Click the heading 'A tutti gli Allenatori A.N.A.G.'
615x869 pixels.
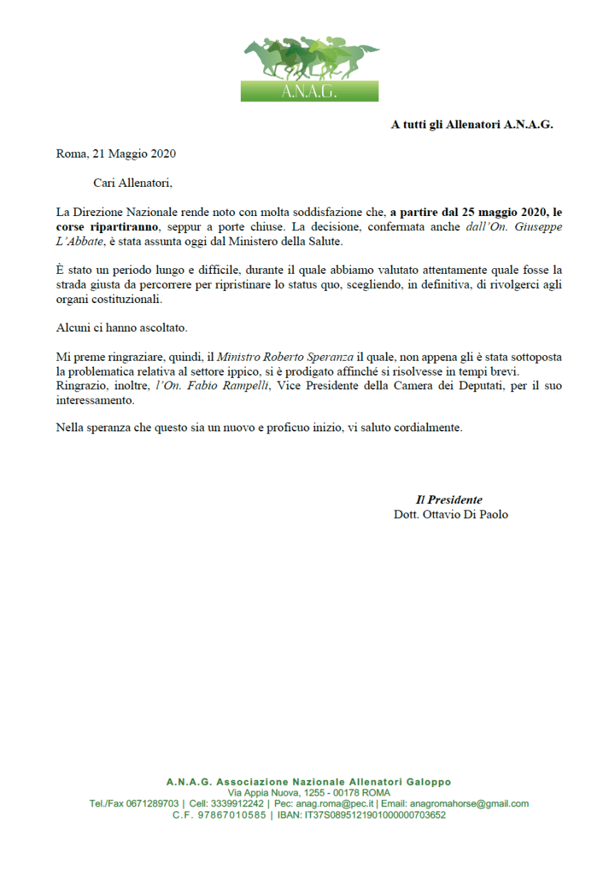472,125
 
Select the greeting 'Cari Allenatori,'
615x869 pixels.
133,182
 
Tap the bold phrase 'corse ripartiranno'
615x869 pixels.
107,227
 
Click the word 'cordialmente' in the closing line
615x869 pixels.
430,428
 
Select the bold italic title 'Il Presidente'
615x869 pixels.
449,500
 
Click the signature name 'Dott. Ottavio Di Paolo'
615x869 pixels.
450,514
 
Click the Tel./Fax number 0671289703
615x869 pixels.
153,803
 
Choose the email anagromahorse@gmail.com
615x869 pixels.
470,803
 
